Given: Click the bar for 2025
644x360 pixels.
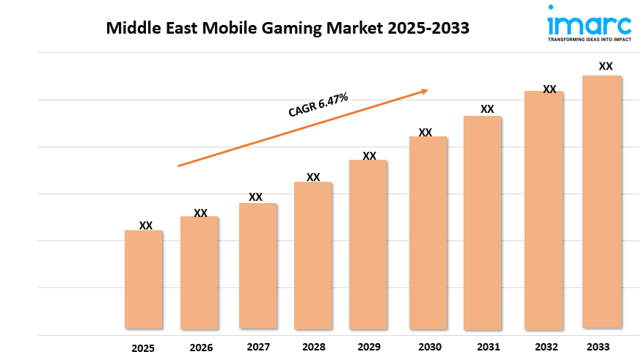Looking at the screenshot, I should click(x=143, y=279).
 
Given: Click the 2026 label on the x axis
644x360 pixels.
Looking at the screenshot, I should click(x=200, y=348).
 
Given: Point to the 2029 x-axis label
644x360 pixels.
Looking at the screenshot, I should click(x=370, y=347).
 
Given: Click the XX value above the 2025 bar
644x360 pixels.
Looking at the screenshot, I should click(x=146, y=226).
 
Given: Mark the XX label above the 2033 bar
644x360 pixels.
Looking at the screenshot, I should click(x=606, y=66).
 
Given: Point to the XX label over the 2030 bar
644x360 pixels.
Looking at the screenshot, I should click(x=425, y=133).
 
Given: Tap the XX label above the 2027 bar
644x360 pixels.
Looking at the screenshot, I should click(x=255, y=197).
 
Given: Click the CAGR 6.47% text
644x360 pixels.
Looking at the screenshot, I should click(x=318, y=105).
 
